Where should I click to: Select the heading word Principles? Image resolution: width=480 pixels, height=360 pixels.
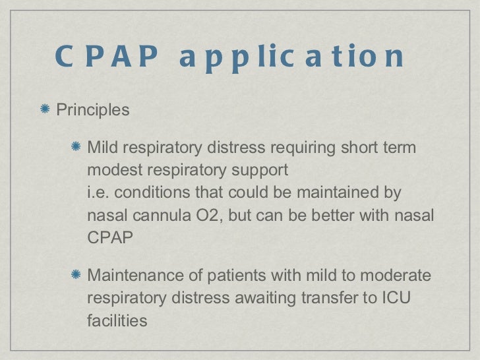click(x=93, y=109)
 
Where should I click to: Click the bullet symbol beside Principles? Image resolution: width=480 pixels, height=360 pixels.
click(x=46, y=109)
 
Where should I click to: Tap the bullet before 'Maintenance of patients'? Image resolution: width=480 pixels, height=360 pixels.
click(x=77, y=274)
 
